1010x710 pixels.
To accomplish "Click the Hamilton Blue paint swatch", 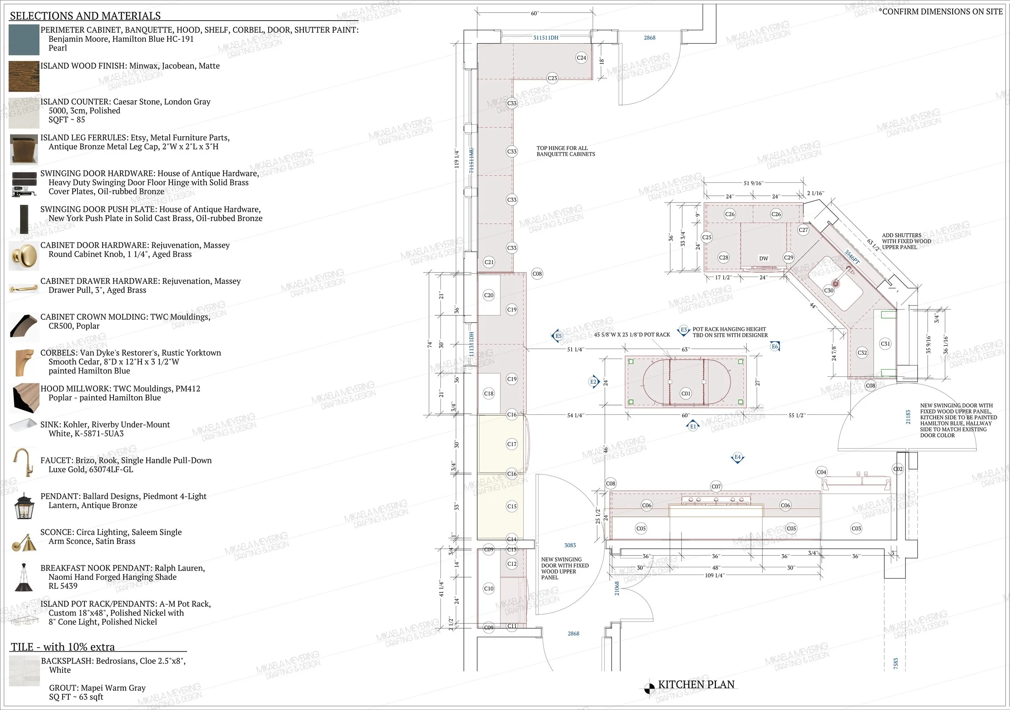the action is [x=24, y=40].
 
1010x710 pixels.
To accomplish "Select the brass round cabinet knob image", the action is [x=24, y=255].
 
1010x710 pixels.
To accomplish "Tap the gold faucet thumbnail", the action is [x=23, y=463].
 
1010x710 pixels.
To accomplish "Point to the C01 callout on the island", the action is [x=686, y=393].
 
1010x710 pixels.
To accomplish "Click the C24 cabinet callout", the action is [x=581, y=58].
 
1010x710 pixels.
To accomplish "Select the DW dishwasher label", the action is [x=764, y=258].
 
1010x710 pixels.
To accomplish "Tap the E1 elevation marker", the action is [x=693, y=426].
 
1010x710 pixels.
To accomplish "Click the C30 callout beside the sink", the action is [x=829, y=291].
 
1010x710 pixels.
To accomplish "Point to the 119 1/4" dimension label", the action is [x=457, y=158].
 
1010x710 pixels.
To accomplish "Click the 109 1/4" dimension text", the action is [x=714, y=575].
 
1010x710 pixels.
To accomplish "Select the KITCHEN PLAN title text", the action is [x=696, y=685].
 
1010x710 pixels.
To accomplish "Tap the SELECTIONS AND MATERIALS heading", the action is [x=85, y=16].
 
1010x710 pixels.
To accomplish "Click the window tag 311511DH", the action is [x=546, y=38].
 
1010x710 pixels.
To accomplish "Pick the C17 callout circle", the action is [x=512, y=444].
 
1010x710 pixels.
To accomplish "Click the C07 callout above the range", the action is [x=716, y=486].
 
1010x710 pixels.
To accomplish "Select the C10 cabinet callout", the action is [x=489, y=589].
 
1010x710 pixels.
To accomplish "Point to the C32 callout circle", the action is [x=862, y=353].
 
